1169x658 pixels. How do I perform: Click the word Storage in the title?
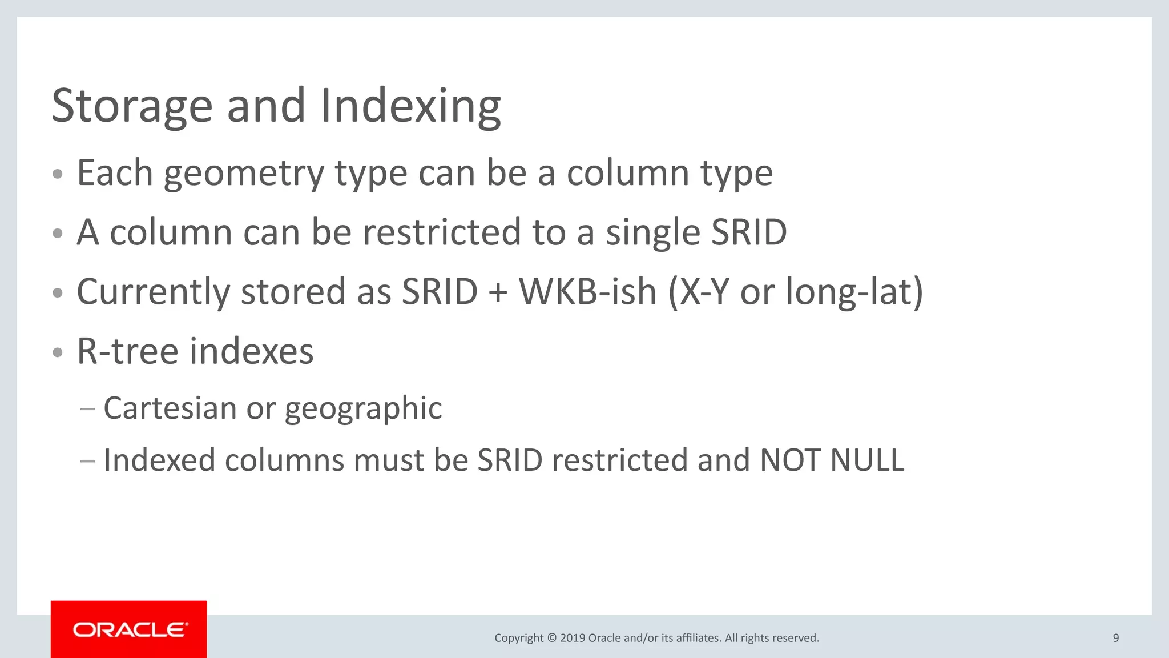[x=132, y=106]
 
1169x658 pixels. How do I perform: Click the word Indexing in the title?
[x=410, y=106]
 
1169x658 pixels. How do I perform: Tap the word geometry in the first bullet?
[x=244, y=174]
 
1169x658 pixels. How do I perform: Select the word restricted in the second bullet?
[x=442, y=232]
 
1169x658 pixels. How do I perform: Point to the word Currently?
[x=153, y=292]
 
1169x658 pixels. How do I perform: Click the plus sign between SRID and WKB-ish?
[x=498, y=292]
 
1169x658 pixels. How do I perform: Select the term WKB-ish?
[x=587, y=292]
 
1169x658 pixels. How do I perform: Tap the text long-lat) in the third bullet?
[x=854, y=292]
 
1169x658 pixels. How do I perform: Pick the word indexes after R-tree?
[x=252, y=351]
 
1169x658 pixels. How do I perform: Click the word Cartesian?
[x=170, y=408]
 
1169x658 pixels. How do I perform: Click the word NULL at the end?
[x=867, y=460]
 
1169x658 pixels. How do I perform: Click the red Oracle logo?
[x=129, y=629]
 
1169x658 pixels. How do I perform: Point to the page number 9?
[x=1116, y=638]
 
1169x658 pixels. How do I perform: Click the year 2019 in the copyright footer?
[x=573, y=638]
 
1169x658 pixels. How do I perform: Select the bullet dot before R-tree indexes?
[x=57, y=352]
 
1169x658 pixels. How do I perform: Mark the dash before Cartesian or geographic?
[x=87, y=409]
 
